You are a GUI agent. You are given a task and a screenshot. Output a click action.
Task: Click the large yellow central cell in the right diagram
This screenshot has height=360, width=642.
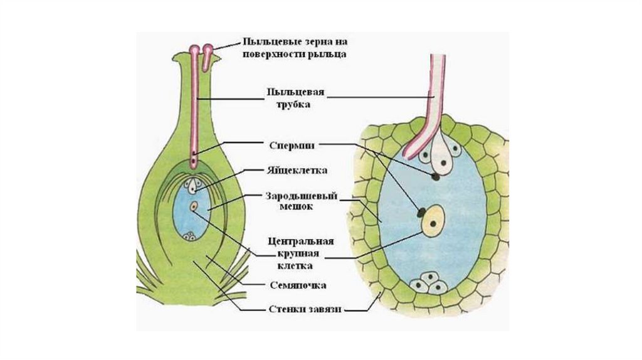tap(434, 223)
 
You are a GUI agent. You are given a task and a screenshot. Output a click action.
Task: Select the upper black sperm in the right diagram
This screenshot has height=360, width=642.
tap(434, 177)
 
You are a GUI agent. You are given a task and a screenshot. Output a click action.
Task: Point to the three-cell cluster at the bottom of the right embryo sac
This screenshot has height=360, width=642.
tap(428, 283)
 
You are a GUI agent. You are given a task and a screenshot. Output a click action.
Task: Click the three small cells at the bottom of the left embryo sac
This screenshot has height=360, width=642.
tap(189, 236)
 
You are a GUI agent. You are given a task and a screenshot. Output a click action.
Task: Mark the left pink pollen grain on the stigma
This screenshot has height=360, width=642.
tap(195, 49)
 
